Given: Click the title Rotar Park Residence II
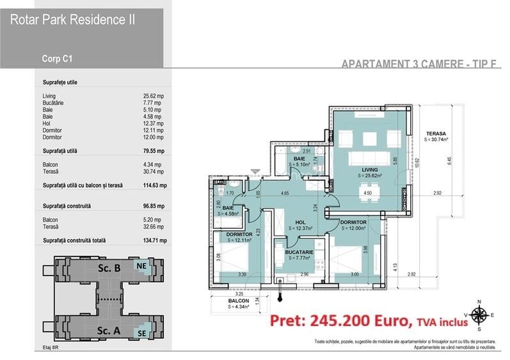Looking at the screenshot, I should [x=72, y=20].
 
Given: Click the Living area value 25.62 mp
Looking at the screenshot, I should [x=154, y=97].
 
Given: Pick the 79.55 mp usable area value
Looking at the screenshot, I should [x=154, y=152].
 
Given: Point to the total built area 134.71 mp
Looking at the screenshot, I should [x=154, y=241].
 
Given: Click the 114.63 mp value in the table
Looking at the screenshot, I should [x=154, y=186].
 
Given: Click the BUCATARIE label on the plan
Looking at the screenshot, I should [x=299, y=253].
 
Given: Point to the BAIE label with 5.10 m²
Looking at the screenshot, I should [x=299, y=159].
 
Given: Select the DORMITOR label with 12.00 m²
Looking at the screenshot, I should [x=353, y=222].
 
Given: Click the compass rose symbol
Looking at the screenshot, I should [x=478, y=315].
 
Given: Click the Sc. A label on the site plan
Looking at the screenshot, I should [x=108, y=331].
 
